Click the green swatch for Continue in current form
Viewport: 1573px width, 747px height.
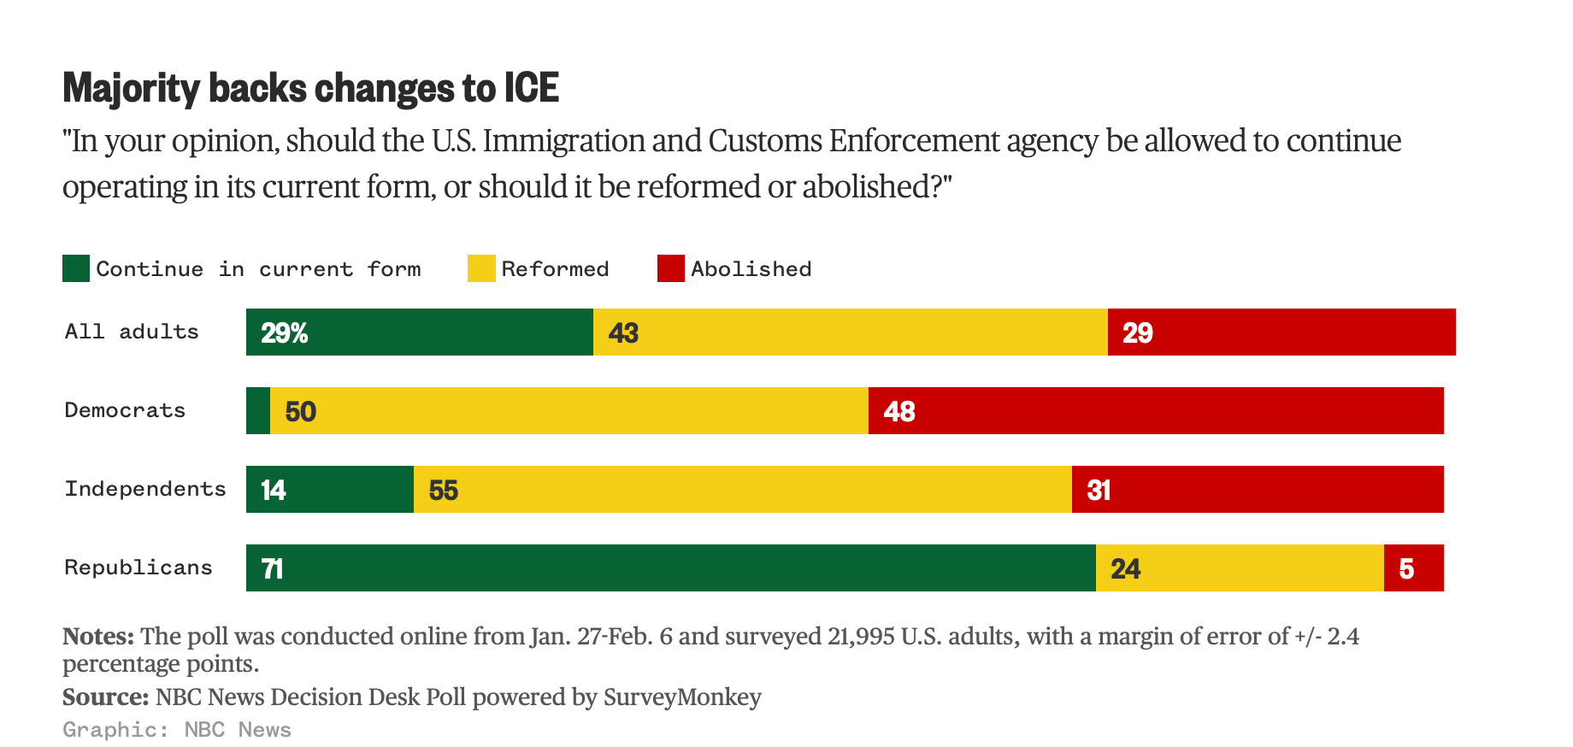(x=76, y=268)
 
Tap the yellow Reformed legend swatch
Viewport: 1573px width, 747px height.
(x=481, y=268)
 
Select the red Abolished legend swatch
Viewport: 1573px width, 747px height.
(x=671, y=268)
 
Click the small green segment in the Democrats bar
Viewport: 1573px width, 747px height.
(x=258, y=411)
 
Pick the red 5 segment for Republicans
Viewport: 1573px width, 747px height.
(x=1413, y=568)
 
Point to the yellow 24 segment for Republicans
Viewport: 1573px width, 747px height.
(x=1240, y=568)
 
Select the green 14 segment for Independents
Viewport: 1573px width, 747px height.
(x=330, y=490)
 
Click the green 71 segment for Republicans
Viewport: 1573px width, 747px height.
(x=670, y=568)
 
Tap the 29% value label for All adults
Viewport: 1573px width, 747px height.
(x=285, y=332)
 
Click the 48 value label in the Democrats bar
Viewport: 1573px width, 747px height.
(x=899, y=411)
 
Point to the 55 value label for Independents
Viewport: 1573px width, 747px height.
(x=444, y=490)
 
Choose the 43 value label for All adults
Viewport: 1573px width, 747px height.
(x=623, y=332)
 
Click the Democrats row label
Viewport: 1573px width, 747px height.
(x=125, y=410)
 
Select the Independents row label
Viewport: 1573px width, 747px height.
(x=145, y=489)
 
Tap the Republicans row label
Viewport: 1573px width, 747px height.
(x=138, y=568)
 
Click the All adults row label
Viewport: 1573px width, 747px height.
(x=132, y=332)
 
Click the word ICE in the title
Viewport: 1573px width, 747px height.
(x=531, y=88)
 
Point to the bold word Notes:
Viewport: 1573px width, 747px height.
(x=98, y=637)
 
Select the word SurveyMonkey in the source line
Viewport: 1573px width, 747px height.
(x=682, y=697)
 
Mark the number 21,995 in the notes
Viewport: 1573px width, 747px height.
(x=861, y=637)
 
